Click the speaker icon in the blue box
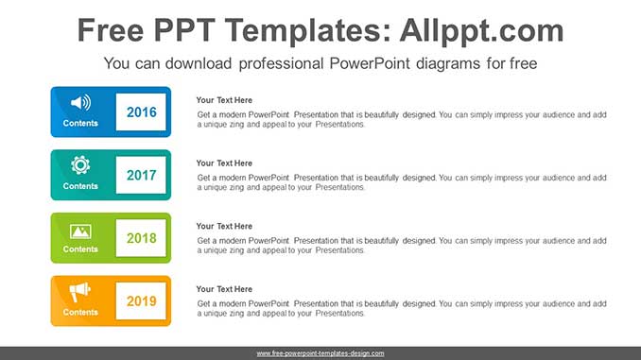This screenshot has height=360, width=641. tap(80, 102)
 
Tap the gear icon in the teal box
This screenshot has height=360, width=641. tap(80, 164)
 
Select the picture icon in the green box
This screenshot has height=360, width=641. tap(80, 230)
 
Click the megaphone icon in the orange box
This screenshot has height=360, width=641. tap(80, 292)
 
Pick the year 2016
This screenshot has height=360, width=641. tap(141, 112)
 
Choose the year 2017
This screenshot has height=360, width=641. tap(141, 175)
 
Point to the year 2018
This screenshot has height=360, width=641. tap(141, 238)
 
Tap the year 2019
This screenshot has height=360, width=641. tap(141, 300)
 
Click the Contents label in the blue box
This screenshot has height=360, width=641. tap(80, 124)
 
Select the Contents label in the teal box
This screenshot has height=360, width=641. tap(80, 186)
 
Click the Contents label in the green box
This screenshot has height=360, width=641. tap(80, 249)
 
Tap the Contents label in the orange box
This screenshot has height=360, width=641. tap(80, 312)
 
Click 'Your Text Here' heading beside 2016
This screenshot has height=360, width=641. tap(224, 100)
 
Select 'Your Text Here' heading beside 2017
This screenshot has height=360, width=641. tap(224, 163)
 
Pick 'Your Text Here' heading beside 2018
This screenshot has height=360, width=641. tap(224, 226)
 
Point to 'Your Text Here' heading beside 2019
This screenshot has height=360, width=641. tap(224, 289)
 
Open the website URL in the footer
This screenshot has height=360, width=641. tap(320, 353)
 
